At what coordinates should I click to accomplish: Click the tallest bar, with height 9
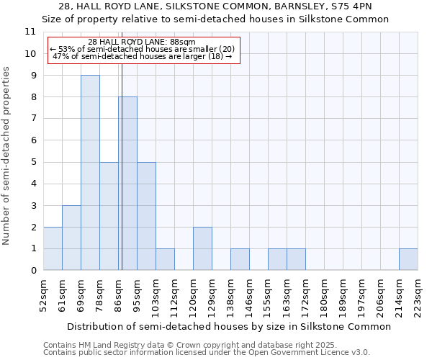90,173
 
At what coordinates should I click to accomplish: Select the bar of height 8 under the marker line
128,184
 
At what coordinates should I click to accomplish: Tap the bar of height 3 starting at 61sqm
71,238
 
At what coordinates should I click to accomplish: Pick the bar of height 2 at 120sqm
202,248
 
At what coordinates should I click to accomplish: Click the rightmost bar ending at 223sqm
408,259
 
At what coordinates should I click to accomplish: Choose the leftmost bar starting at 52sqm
53,248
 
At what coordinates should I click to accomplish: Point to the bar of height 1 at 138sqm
240,259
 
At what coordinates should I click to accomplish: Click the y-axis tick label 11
30,32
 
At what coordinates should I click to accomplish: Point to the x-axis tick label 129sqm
212,295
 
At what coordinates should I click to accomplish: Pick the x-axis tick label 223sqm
418,295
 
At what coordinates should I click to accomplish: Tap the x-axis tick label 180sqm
324,295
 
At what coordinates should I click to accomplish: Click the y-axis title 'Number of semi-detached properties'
7,156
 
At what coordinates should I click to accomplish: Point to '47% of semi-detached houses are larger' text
143,56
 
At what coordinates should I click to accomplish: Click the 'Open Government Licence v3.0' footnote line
207,353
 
